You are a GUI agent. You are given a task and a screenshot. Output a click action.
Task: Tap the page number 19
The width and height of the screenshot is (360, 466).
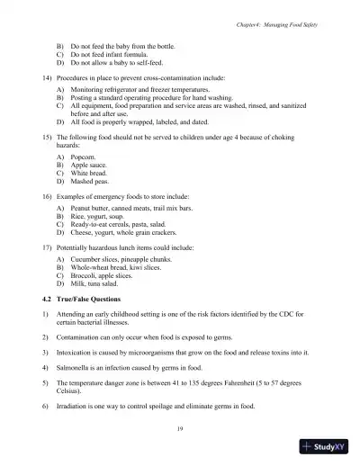[180, 432]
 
